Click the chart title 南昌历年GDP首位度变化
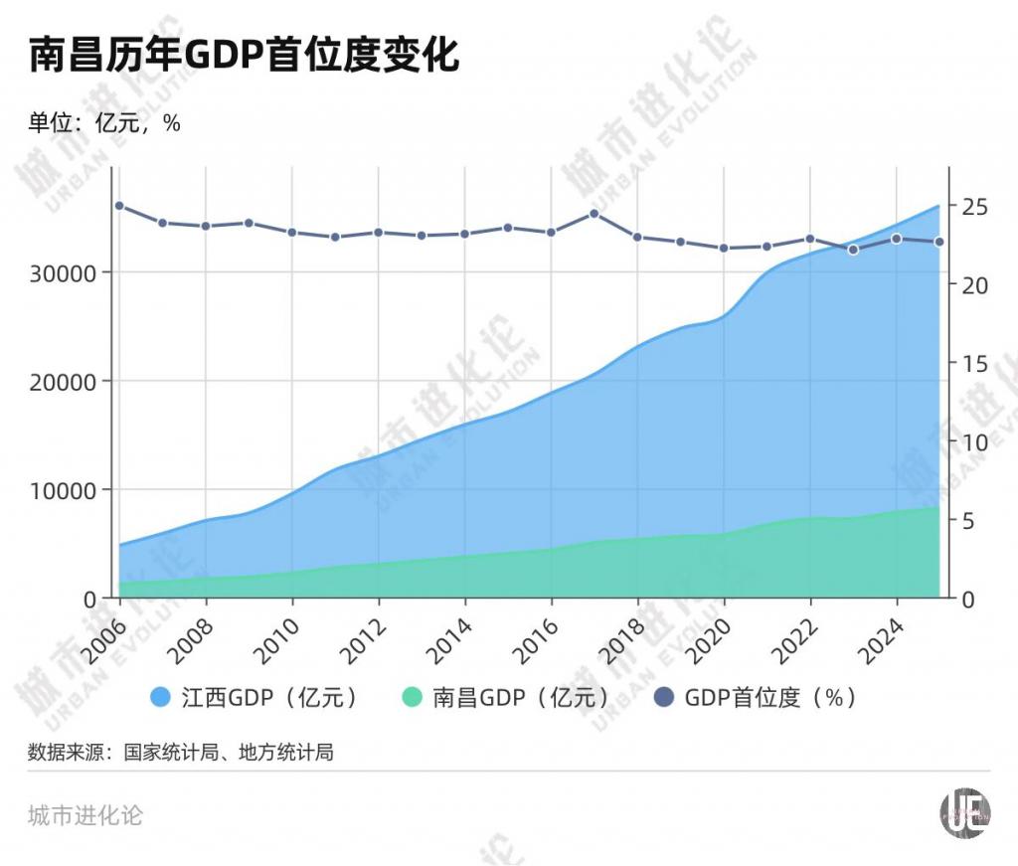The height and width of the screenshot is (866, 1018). pos(244,56)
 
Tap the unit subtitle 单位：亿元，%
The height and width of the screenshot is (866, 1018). pos(104,123)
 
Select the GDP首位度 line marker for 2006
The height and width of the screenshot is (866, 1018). pos(119,206)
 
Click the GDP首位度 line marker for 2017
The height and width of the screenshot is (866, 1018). pos(594,213)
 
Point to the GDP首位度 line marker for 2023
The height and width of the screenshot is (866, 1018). pos(853,250)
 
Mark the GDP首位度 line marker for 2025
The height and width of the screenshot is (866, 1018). pos(939,242)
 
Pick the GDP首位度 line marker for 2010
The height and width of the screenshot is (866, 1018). pos(292,233)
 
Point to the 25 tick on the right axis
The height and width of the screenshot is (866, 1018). pos(974,206)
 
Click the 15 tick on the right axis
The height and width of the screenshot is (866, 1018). pos(974,363)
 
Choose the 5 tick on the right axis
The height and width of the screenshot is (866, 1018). pos(969,520)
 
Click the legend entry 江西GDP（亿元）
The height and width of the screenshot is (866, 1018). pos(254,697)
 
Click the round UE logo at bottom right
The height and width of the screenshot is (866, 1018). pos(965,814)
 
